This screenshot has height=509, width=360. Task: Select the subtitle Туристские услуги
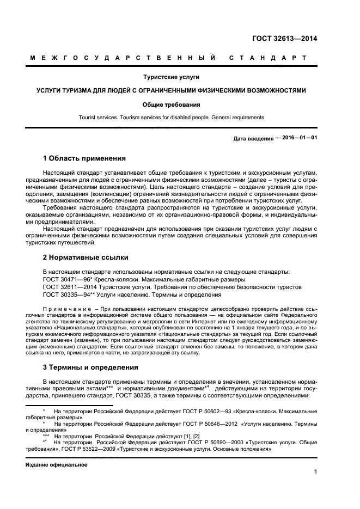(x=171, y=77)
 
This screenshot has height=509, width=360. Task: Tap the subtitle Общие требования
(x=171, y=104)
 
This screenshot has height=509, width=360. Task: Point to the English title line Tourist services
(x=171, y=117)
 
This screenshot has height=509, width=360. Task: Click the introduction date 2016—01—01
(x=298, y=138)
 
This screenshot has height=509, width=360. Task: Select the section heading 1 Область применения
(x=84, y=159)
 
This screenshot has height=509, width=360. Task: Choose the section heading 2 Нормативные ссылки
(x=86, y=257)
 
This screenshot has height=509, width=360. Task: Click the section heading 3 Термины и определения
(x=90, y=367)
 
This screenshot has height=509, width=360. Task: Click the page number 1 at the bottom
(x=315, y=472)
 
